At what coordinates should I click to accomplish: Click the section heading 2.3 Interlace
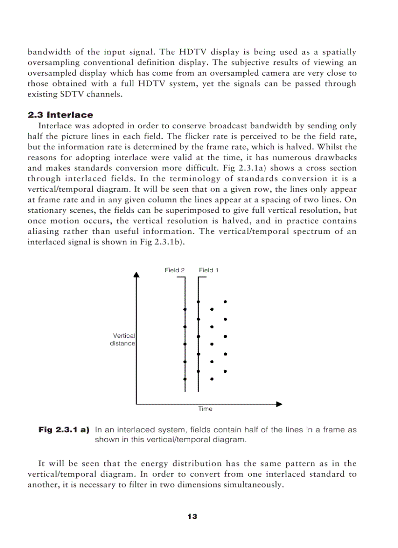(x=60, y=115)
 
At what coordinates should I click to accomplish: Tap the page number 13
(x=192, y=516)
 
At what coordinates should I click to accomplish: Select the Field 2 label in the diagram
(x=175, y=270)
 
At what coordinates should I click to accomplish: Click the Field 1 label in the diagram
(x=209, y=270)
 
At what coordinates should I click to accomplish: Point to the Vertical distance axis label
(x=123, y=340)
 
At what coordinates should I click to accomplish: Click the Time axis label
(x=205, y=409)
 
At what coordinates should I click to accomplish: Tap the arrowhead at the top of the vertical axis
(x=137, y=274)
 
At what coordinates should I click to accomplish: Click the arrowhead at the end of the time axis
(x=279, y=404)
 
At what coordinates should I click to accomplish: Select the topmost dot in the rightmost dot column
(x=225, y=302)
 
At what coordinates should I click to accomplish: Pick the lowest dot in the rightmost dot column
(x=225, y=371)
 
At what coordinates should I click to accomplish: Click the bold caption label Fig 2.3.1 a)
(x=64, y=430)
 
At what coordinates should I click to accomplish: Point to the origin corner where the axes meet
(x=137, y=404)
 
